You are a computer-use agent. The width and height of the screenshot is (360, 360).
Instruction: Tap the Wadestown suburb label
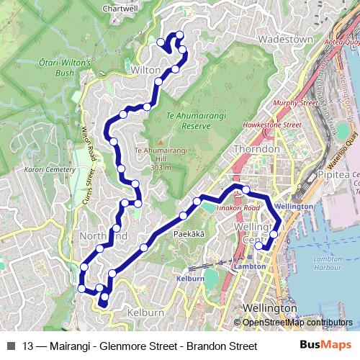click(x=286, y=39)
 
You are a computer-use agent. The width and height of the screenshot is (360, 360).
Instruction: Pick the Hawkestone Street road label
click(x=272, y=125)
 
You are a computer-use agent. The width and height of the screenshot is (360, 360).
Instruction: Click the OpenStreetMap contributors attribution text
click(x=297, y=323)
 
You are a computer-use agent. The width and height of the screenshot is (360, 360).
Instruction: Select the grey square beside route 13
click(x=10, y=346)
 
